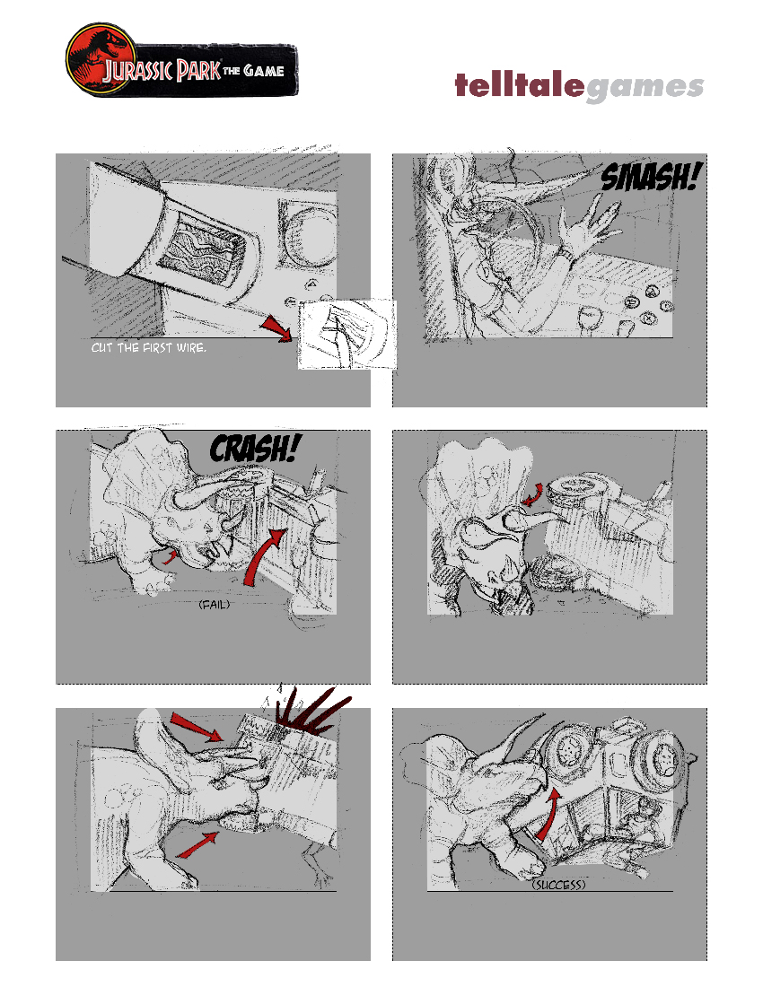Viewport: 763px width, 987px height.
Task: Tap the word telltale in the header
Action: [x=520, y=84]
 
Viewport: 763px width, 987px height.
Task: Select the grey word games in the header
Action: [x=644, y=88]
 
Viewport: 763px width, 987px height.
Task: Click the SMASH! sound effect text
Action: [x=649, y=177]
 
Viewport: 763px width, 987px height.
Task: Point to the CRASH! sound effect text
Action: [x=255, y=448]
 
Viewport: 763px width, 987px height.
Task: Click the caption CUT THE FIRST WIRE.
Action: [x=149, y=347]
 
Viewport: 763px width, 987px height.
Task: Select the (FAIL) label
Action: [x=214, y=604]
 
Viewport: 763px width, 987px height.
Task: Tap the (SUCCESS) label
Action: [x=558, y=885]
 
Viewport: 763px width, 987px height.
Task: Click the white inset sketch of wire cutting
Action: [x=346, y=335]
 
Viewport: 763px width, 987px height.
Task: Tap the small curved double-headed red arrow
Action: [x=533, y=494]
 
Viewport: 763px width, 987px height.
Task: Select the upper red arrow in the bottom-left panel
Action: [x=196, y=728]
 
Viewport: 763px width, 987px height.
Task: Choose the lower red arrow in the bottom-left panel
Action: [x=197, y=844]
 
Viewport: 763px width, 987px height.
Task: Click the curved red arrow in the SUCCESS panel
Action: [x=548, y=815]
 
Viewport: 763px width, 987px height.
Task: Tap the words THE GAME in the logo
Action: [x=254, y=70]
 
